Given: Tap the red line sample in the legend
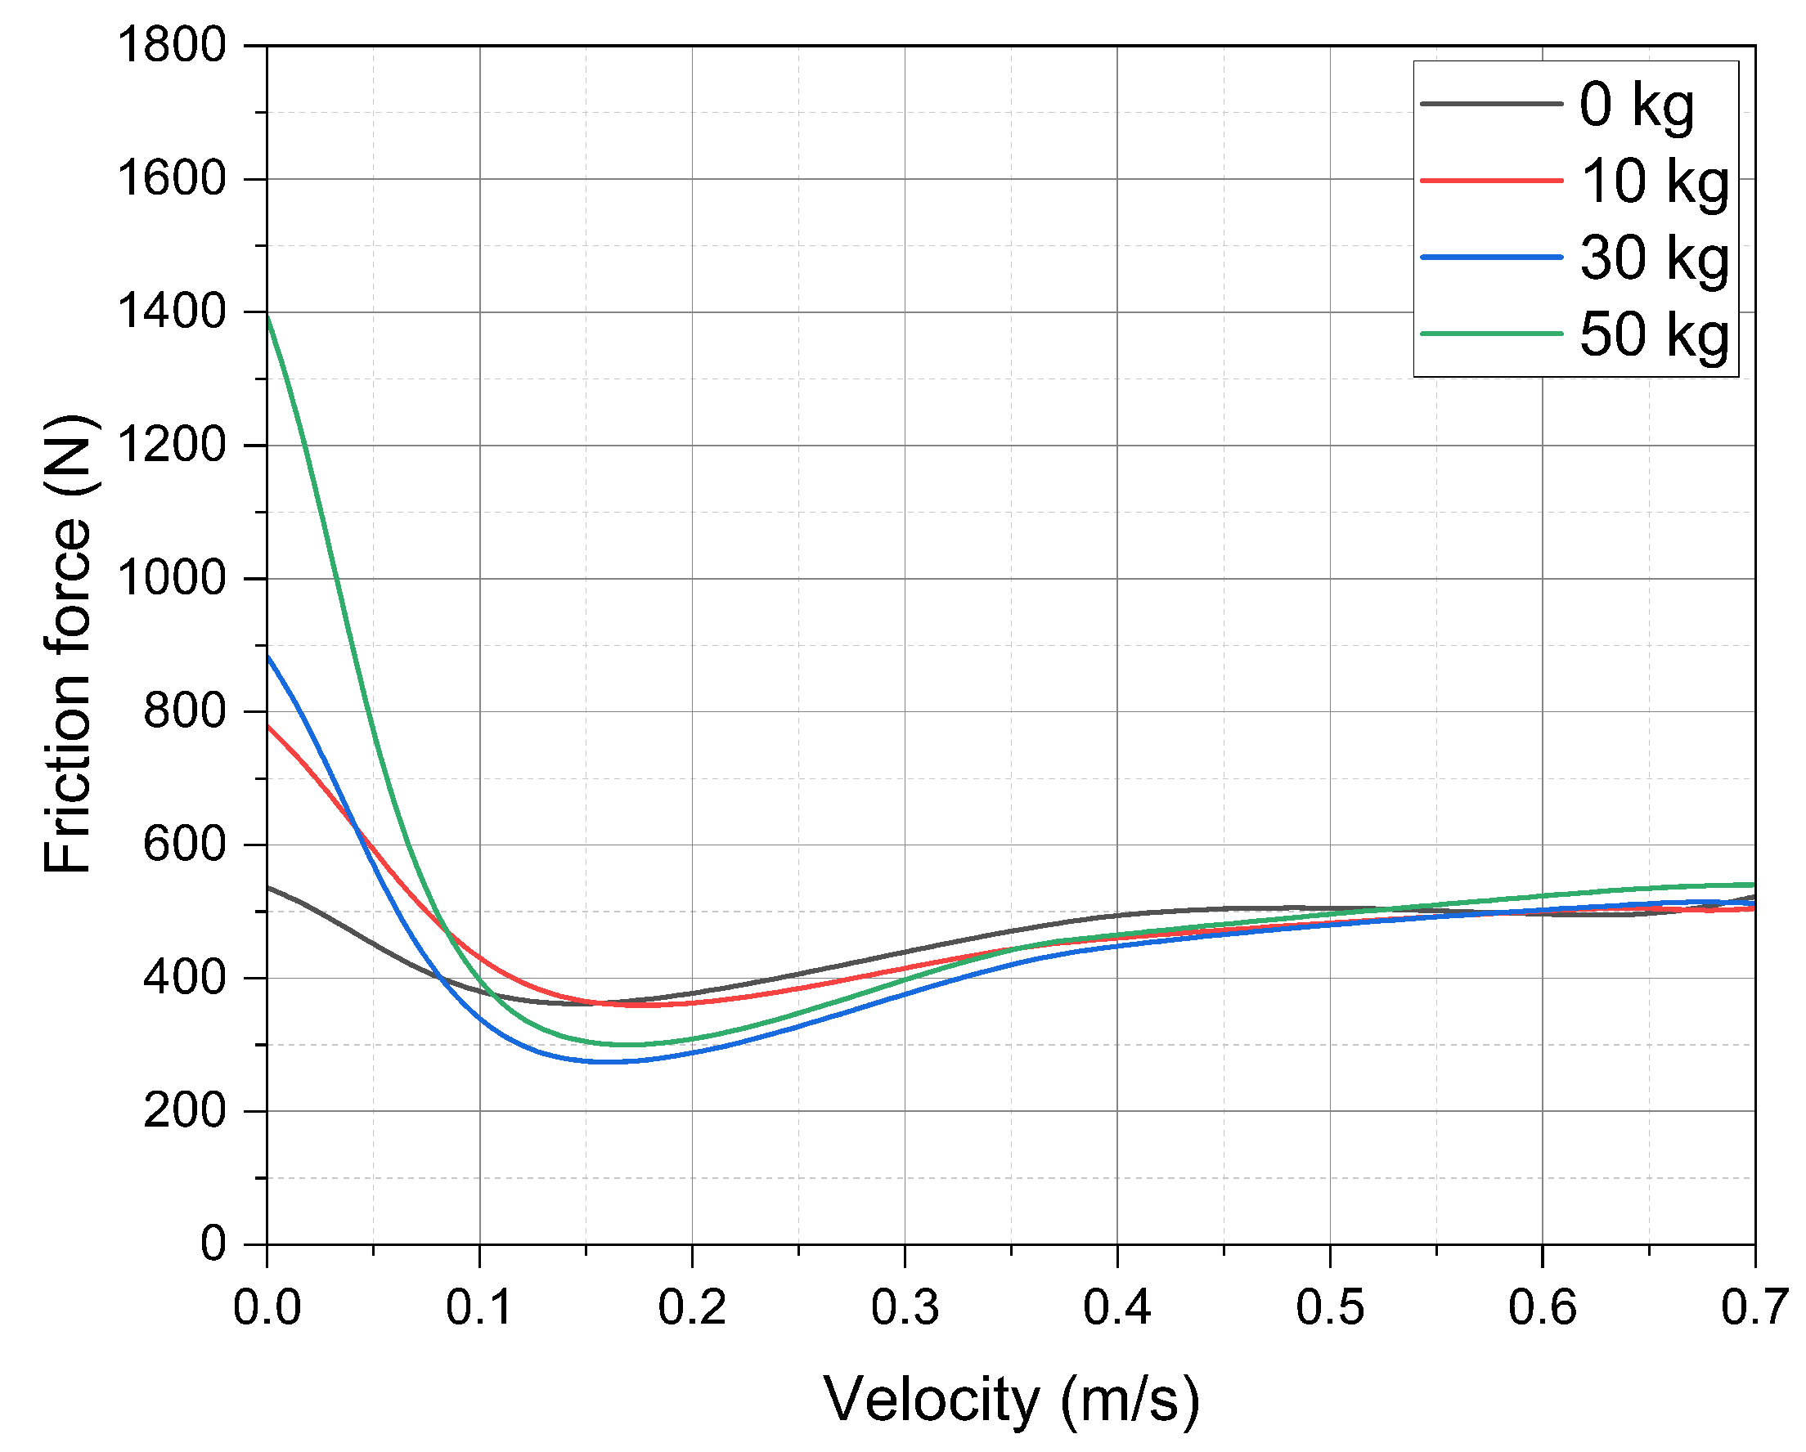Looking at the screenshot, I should [x=1491, y=180].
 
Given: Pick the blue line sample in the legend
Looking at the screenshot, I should [x=1491, y=257].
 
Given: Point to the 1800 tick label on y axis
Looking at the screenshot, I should [x=172, y=45].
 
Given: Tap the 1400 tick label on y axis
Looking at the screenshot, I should [x=172, y=312].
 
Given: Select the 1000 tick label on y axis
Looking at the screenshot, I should [x=172, y=579].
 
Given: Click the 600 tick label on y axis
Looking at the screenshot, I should [x=184, y=844].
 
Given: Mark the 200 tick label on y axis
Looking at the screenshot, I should [x=184, y=1111].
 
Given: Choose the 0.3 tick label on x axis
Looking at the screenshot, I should [x=905, y=1307].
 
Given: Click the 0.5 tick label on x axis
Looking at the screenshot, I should [x=1330, y=1307].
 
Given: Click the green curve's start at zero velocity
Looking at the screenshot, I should [x=268, y=315].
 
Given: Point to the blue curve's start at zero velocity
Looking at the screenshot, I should [x=268, y=657].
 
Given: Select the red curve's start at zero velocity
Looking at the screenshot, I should [x=268, y=726].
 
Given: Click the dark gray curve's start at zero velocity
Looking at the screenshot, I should [x=268, y=887].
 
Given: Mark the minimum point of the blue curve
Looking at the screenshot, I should [x=612, y=1061].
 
